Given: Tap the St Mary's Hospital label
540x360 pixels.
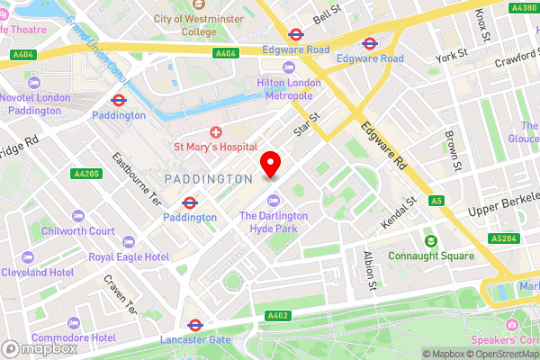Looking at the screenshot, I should [215, 147].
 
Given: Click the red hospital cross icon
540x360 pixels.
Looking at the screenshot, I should [216, 131].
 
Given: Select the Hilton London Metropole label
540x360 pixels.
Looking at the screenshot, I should [290, 89].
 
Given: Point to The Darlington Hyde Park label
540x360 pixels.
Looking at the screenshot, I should [274, 222].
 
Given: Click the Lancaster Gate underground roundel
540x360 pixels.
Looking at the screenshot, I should [194, 325].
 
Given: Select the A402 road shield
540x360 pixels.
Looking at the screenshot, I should [278, 315].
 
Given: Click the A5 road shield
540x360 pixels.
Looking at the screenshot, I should [436, 201].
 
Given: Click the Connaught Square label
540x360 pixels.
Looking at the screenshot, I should [430, 256].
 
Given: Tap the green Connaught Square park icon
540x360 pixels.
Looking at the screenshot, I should [430, 240].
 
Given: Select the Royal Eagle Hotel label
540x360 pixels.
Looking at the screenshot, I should [129, 256].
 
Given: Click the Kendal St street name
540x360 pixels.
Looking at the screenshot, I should [399, 212].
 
